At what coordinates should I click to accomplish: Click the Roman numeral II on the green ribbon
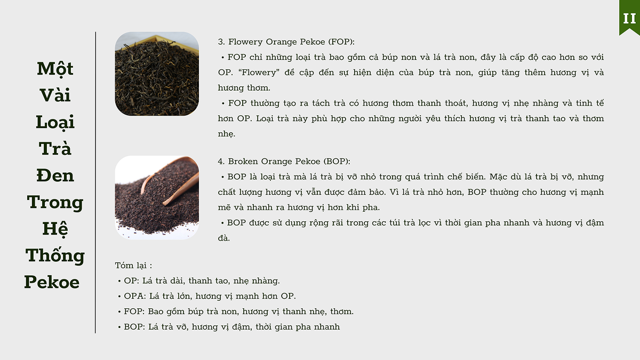pos(629,19)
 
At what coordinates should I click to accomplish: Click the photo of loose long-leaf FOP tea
pos(157,74)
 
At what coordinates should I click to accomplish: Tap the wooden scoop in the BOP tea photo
pos(171,180)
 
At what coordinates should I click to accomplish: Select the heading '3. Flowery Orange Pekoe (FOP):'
pos(286,42)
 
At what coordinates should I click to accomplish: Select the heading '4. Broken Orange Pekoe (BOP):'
pos(284,162)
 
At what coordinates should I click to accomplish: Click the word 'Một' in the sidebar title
pos(55,69)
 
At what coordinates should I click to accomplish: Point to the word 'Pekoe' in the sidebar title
pos(52,282)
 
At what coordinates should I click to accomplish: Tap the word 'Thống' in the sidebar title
pos(55,254)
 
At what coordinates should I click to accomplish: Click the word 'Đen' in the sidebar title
pos(55,175)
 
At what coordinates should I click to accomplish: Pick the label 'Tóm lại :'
pos(133,266)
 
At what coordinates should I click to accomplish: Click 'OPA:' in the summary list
pos(135,296)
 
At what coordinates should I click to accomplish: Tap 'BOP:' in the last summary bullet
pos(134,327)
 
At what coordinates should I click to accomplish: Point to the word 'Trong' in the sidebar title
pos(55,203)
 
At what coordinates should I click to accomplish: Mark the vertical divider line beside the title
pos(95,182)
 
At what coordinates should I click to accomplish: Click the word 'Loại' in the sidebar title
pos(55,123)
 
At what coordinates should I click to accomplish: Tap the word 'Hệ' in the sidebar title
pos(55,229)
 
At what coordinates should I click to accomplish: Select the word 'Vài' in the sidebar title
pos(55,95)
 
